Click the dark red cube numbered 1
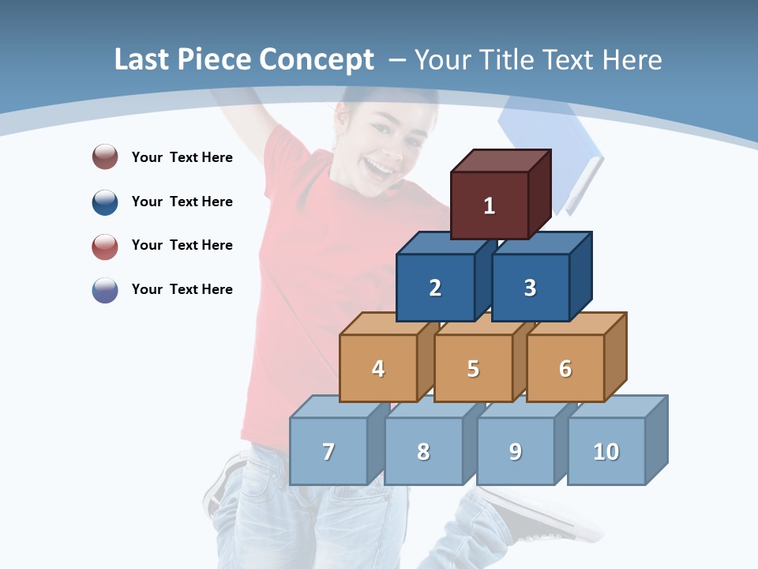point(490,205)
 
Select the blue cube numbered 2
point(435,288)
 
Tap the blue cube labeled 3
point(530,288)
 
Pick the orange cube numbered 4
point(378,368)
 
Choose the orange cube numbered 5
point(473,368)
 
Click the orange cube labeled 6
point(565,368)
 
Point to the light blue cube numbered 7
point(328,451)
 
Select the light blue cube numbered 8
point(423,451)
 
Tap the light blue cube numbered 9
point(516,451)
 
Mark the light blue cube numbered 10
point(606,451)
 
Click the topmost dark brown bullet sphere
point(105,156)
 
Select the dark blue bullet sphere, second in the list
point(105,202)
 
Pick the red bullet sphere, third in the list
point(105,245)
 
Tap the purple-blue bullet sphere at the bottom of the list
point(105,289)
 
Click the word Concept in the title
point(317,60)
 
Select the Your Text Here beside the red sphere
point(182,245)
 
